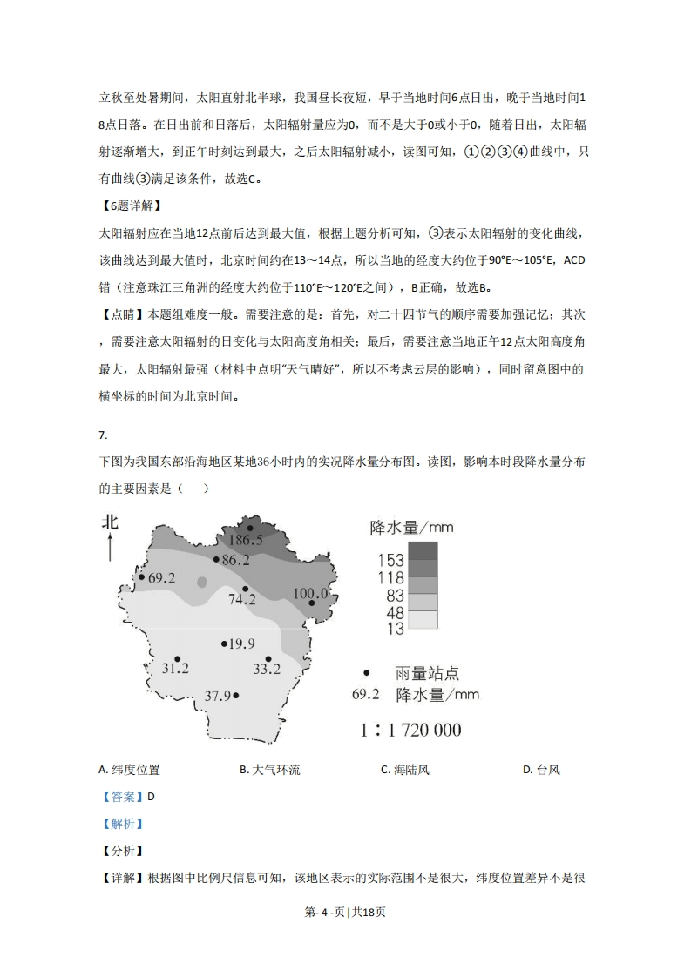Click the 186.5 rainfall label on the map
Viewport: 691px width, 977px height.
pos(246,540)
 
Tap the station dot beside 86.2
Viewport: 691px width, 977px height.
pos(216,560)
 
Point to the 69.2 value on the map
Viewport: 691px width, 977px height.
pos(162,577)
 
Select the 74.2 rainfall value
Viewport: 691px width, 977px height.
pos(241,599)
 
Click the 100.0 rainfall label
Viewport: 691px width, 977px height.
pos(309,594)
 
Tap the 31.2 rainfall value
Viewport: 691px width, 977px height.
pos(176,669)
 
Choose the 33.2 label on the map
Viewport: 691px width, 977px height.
pos(267,669)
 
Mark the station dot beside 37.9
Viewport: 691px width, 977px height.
pos(236,695)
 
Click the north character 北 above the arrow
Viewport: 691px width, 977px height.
pos(110,522)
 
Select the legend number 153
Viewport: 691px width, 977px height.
pos(390,560)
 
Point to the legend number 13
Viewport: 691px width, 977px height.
pos(395,629)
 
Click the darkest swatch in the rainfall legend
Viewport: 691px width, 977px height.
pos(423,550)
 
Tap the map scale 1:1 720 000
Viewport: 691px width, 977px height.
pos(410,730)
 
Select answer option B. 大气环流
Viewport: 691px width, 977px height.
pos(269,770)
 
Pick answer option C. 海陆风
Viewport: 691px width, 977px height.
pos(405,770)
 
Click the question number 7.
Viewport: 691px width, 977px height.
pos(103,435)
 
